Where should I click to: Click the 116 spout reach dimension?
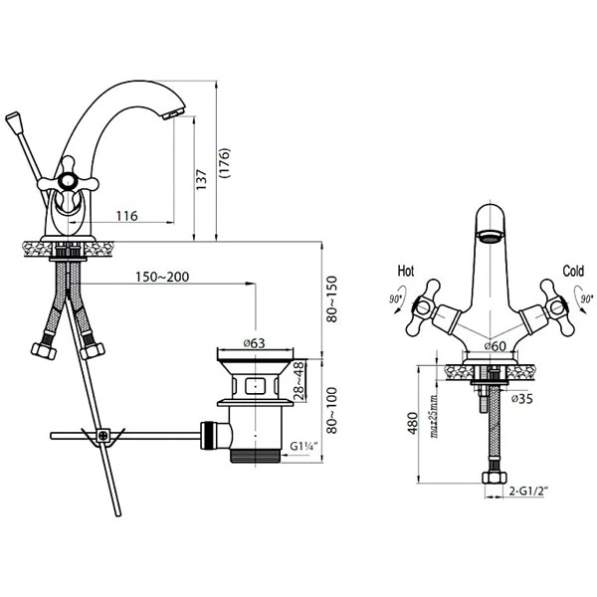click(126, 216)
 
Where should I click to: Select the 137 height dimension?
click(201, 180)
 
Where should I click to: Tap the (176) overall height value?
click(225, 163)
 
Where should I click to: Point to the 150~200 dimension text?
click(162, 277)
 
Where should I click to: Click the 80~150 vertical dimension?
click(332, 299)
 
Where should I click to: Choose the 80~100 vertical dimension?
click(332, 410)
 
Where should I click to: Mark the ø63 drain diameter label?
click(255, 343)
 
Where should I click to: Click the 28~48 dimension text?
click(299, 381)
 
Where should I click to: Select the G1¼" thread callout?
click(303, 446)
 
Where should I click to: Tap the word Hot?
click(406, 271)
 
